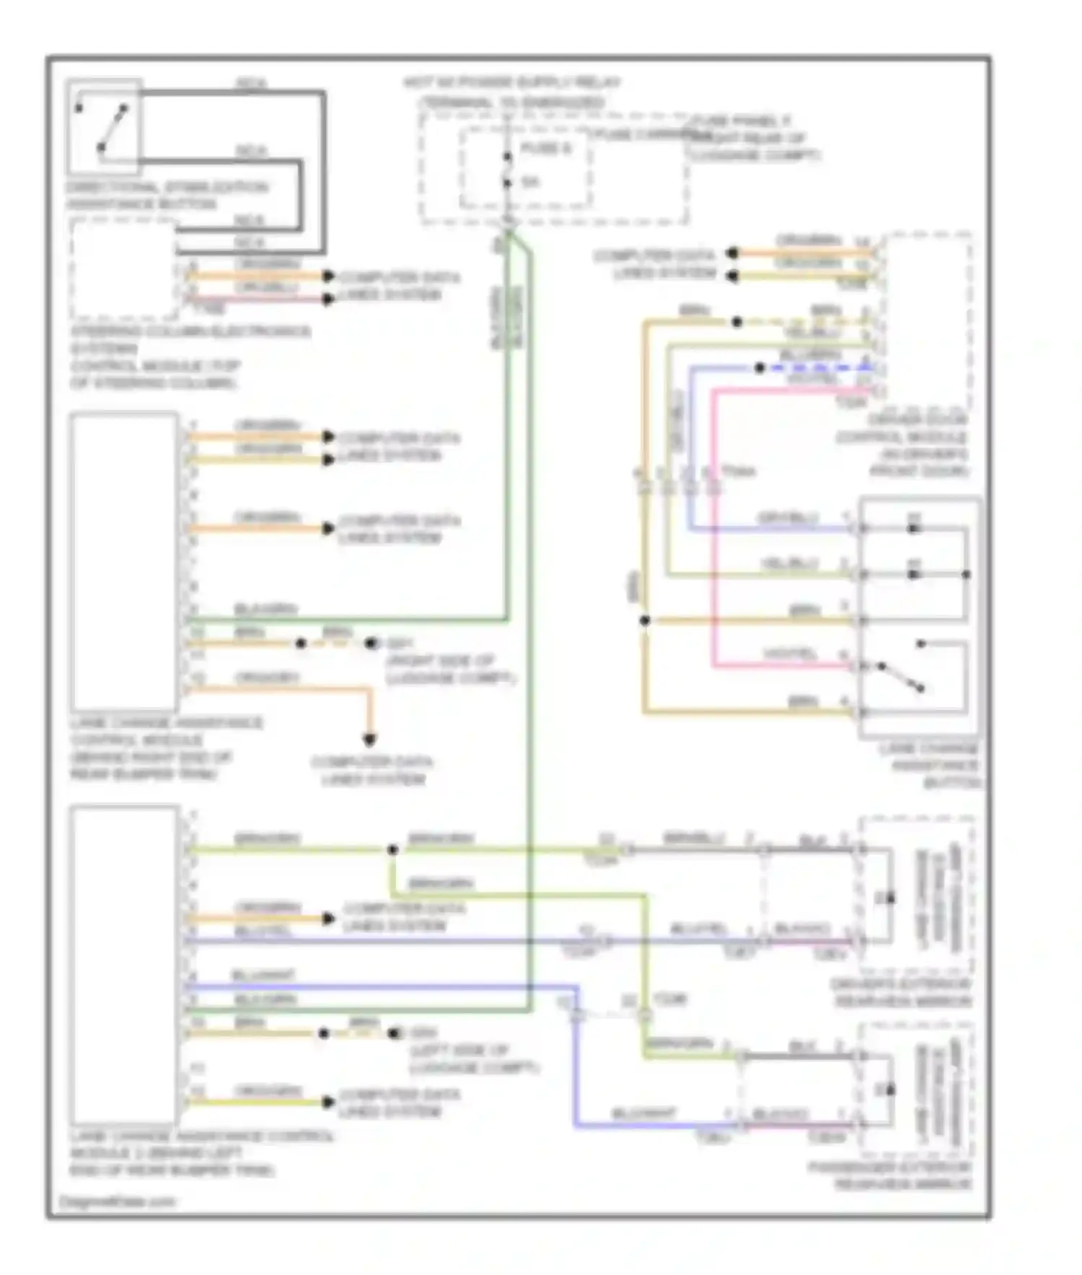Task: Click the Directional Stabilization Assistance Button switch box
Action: [103, 127]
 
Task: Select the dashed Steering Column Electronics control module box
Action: [123, 270]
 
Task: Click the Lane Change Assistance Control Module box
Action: [124, 561]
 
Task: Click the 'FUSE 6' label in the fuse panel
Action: [545, 148]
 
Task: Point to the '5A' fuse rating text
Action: [530, 182]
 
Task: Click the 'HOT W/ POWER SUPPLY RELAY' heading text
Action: [511, 82]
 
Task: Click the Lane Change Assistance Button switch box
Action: [919, 617]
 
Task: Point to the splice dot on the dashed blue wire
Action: [759, 367]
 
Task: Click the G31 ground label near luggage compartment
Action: [400, 643]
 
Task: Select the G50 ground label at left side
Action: [422, 1033]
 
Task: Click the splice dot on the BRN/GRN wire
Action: [392, 849]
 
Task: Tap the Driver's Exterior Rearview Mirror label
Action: [902, 992]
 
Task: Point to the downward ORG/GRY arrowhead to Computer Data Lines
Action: [369, 739]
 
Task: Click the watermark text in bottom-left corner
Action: [118, 1201]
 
